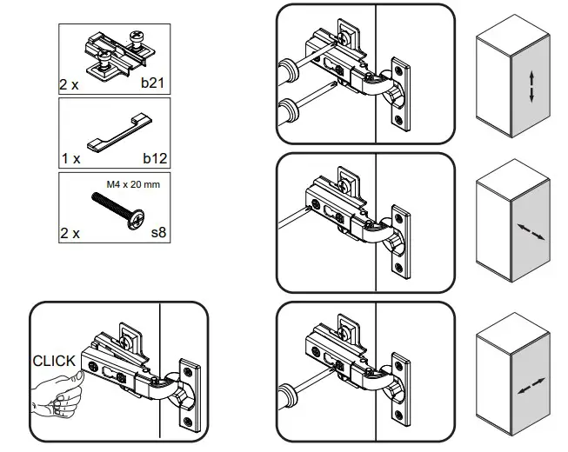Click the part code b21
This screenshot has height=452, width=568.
pos(156,86)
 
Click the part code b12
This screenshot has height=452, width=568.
pos(156,159)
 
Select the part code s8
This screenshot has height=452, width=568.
pos(158,234)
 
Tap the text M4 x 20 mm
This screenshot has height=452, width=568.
pos(133,183)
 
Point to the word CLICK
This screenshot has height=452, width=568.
pos(54,361)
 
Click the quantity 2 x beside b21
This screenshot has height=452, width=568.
pos(70,86)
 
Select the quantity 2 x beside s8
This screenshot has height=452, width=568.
pos(70,234)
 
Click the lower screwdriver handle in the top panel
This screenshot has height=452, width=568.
pos(284,110)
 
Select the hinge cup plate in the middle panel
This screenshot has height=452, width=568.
pos(401,239)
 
